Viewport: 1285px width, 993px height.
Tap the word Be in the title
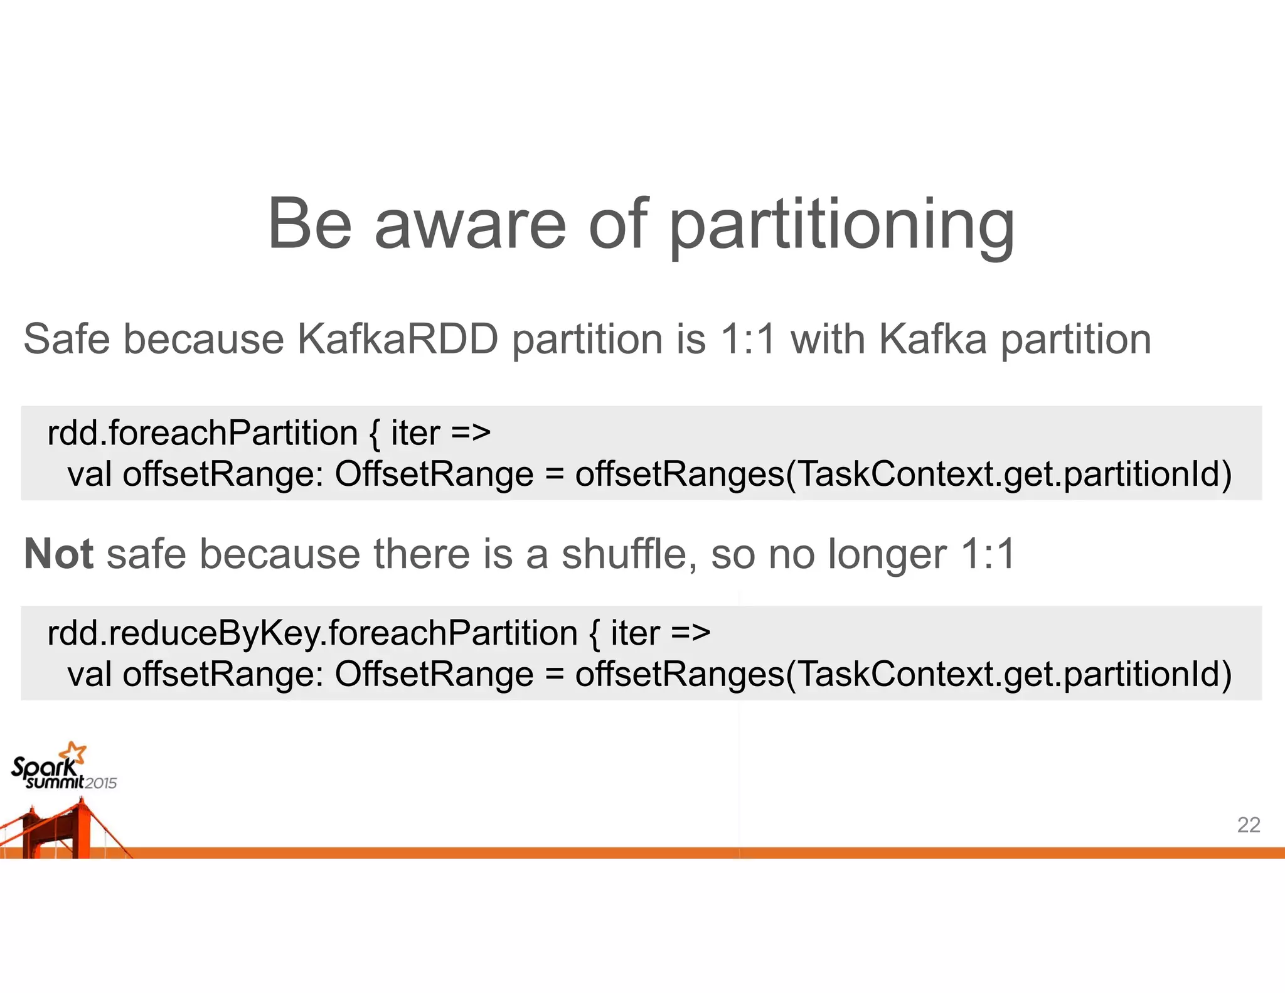coord(309,224)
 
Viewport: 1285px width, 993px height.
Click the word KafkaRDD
coord(397,340)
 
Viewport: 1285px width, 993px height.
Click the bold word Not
coord(58,554)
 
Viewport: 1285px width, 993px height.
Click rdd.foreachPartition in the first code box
coord(202,434)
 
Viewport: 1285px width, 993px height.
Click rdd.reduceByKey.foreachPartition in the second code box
coord(312,633)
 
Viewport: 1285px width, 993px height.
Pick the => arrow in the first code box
coord(471,434)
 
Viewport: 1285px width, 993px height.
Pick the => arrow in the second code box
coord(690,633)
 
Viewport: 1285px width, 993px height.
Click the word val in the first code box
coord(90,475)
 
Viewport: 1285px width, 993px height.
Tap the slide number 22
coord(1248,825)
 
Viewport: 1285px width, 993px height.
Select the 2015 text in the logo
coord(101,783)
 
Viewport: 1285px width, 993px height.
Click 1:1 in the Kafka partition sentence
coord(748,340)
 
